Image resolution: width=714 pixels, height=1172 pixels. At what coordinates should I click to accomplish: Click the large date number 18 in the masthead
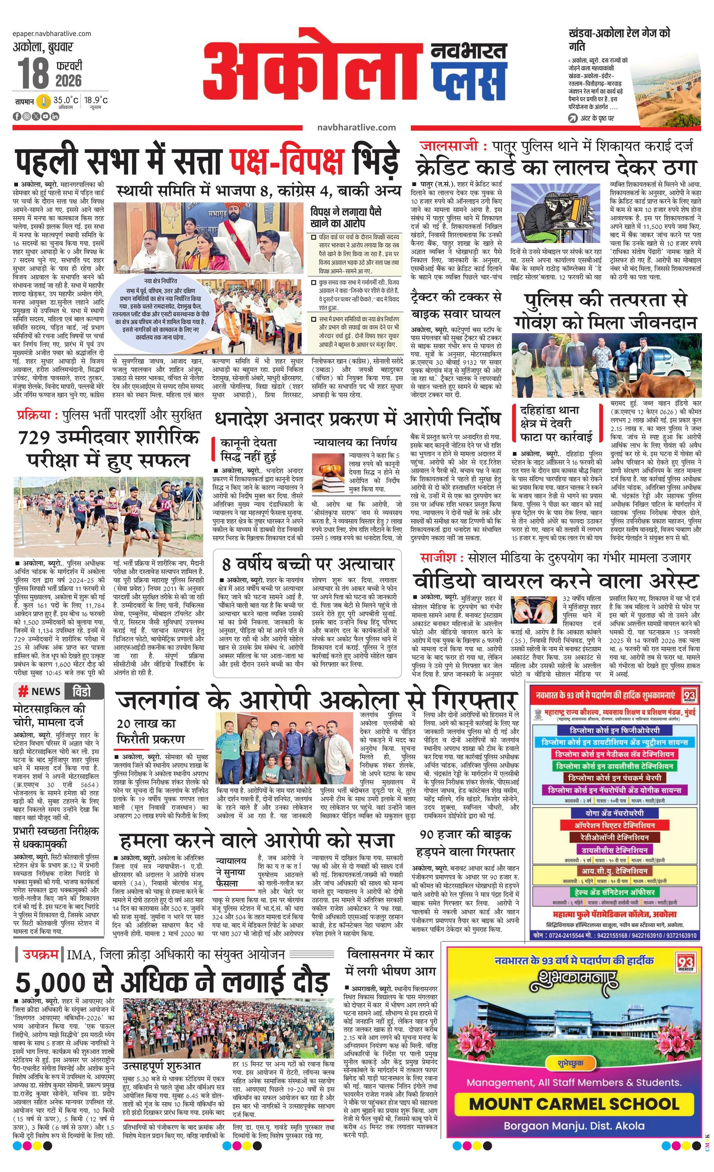(33, 73)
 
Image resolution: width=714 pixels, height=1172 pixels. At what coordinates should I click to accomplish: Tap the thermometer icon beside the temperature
(44, 101)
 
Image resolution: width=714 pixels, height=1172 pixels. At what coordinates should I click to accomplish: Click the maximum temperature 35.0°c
(65, 100)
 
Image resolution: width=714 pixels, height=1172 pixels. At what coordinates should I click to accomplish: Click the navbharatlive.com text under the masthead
(356, 127)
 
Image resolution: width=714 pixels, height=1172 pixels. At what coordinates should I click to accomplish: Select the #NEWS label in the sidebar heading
(40, 692)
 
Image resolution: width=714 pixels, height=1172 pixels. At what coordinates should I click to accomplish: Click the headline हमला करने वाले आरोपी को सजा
(257, 841)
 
